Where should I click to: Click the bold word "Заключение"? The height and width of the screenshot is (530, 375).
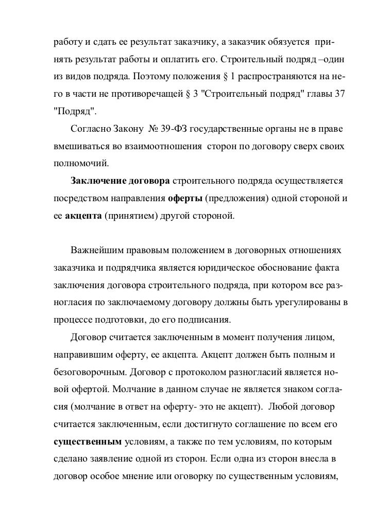click(98, 182)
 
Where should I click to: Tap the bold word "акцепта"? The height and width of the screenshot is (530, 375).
click(82, 216)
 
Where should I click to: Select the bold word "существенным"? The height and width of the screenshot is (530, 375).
click(88, 442)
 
